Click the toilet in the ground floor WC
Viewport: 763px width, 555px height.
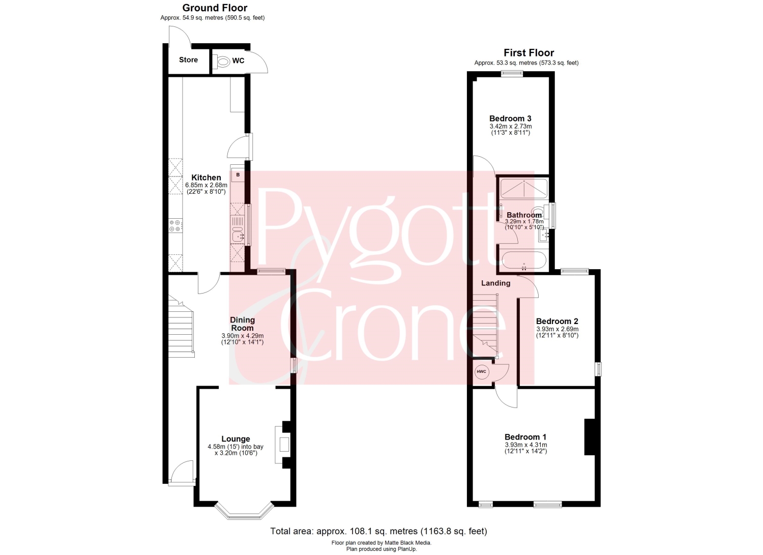tap(222, 62)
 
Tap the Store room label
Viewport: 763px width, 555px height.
tap(188, 60)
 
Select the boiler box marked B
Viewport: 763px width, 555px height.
tap(238, 175)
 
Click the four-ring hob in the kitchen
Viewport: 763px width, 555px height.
tap(175, 225)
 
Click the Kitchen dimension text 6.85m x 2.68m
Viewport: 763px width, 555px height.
tap(206, 185)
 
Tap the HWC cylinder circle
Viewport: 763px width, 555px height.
tap(482, 372)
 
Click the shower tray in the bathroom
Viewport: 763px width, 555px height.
tap(523, 188)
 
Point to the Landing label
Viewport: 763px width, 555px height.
tap(495, 283)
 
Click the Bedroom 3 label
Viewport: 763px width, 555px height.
tap(510, 119)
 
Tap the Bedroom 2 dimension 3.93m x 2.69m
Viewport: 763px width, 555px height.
tap(557, 329)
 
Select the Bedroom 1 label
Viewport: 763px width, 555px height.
tap(525, 437)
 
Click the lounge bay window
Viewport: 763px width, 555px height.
tap(244, 512)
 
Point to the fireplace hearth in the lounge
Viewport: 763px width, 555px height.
tap(283, 445)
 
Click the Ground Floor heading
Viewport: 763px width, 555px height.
tap(215, 8)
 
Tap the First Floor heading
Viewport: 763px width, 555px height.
tap(529, 53)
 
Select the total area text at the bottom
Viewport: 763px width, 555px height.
tap(379, 531)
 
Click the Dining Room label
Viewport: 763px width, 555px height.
tap(242, 324)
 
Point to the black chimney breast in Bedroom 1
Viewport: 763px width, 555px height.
tap(590, 437)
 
